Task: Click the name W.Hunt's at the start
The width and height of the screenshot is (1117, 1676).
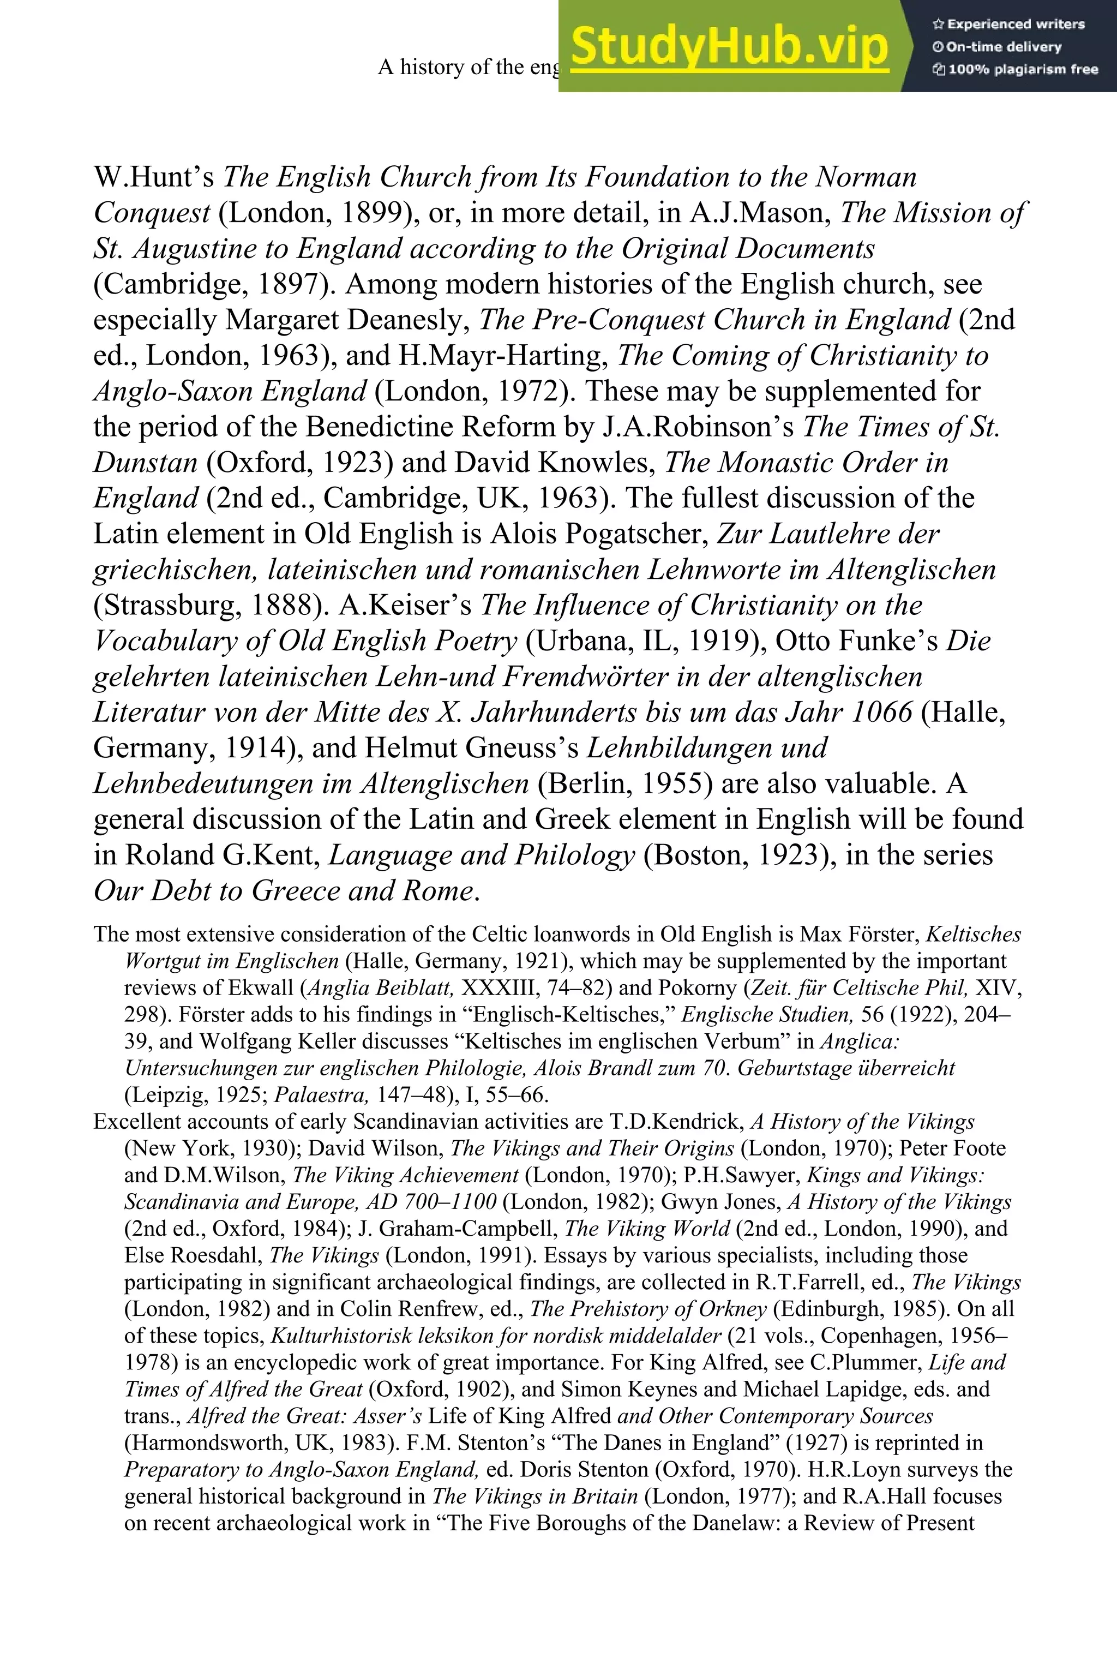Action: [x=153, y=177]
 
